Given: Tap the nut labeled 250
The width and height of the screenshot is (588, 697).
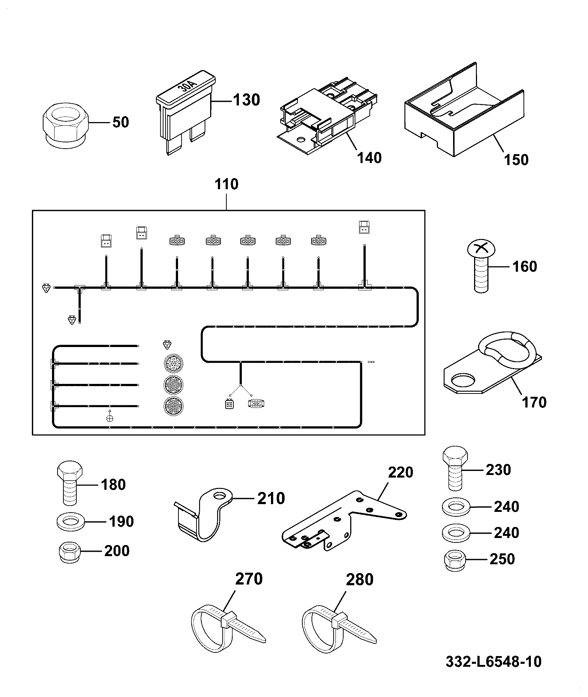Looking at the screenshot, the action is [x=455, y=561].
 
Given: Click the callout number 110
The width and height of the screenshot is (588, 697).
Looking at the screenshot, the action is [x=226, y=184].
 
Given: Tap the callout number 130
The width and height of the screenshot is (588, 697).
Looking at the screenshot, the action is [x=247, y=100].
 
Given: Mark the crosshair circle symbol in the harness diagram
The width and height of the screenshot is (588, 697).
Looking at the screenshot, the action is [x=109, y=418].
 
